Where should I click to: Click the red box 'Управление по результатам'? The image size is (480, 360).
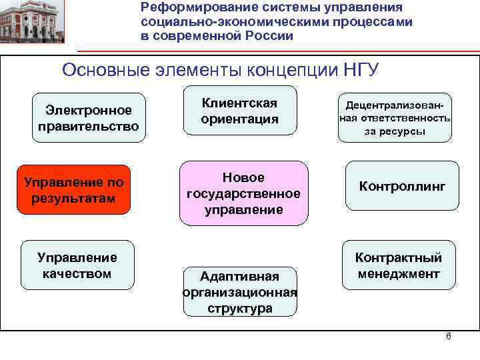73,190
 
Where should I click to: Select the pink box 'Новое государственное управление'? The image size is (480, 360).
244,193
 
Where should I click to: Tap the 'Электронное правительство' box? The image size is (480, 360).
89,118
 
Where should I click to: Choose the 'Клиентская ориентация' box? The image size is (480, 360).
239,111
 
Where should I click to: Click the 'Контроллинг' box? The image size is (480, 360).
401,186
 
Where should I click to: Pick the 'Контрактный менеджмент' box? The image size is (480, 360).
399,265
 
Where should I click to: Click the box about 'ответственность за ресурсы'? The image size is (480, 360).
395,118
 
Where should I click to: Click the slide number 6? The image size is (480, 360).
448,336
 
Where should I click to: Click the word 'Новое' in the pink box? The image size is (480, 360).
243,177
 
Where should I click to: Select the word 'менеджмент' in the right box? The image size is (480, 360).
399,274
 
